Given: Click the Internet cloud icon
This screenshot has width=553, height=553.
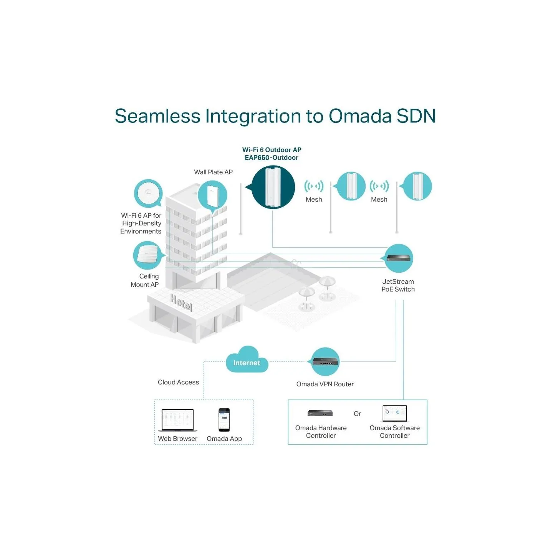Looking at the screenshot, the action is coord(247,360).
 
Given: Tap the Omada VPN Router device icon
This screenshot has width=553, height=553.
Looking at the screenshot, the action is coord(325,362).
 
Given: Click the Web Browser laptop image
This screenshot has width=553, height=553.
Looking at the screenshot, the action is coord(178,420).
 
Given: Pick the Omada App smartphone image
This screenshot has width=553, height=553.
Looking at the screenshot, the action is coord(224,420).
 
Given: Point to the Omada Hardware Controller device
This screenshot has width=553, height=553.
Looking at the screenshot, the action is coord(320,413).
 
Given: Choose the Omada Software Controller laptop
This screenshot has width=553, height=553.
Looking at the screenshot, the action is coord(395,414).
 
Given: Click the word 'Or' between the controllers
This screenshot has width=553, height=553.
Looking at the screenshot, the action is coord(357,414).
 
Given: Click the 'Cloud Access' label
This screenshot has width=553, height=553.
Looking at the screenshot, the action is coord(178,382).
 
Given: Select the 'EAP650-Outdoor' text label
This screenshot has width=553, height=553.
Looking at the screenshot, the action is coord(272,157).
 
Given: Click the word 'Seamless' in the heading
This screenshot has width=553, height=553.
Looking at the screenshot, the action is coord(157,116).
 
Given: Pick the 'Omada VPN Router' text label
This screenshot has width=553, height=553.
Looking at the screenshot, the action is coord(325,384).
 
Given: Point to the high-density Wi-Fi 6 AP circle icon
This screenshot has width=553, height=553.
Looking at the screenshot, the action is coord(149,193).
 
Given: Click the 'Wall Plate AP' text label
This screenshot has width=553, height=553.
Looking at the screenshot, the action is coord(213,172).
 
